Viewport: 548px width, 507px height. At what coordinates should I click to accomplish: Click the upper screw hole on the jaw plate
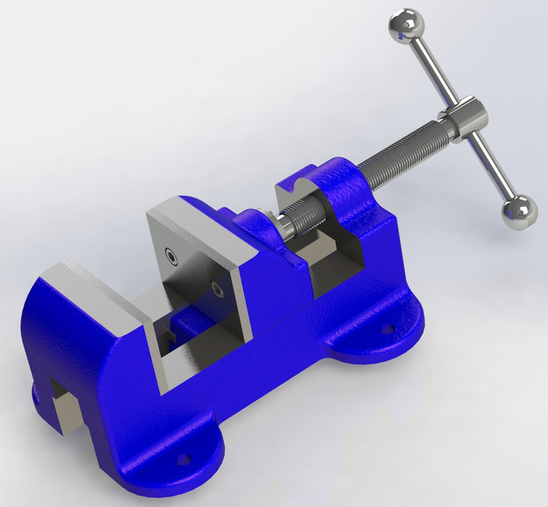pyautogui.click(x=170, y=255)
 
